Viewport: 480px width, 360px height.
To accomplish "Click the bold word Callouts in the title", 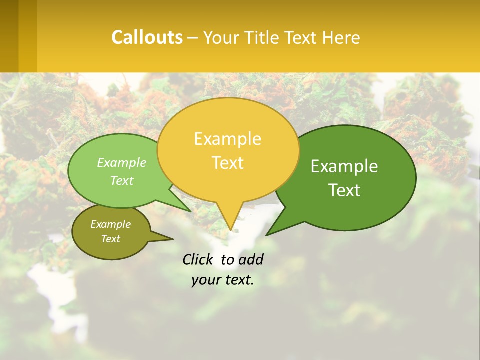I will [147, 37].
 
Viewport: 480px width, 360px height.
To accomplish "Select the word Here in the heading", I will [341, 37].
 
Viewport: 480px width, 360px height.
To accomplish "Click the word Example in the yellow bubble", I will [227, 139].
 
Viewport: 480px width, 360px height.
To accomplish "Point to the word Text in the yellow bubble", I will [228, 162].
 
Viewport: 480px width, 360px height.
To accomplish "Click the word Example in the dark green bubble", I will [344, 166].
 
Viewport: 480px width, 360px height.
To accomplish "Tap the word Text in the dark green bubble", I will [345, 190].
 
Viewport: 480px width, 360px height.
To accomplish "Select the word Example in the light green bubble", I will [121, 162].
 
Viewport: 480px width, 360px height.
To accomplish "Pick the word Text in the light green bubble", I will [121, 180].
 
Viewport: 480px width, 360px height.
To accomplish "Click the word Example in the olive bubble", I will [110, 224].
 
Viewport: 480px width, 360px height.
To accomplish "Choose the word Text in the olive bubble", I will [110, 239].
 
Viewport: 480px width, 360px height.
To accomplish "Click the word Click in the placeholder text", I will [199, 259].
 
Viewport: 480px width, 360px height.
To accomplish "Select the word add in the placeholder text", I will [250, 259].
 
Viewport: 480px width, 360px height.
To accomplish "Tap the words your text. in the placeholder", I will [223, 280].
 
